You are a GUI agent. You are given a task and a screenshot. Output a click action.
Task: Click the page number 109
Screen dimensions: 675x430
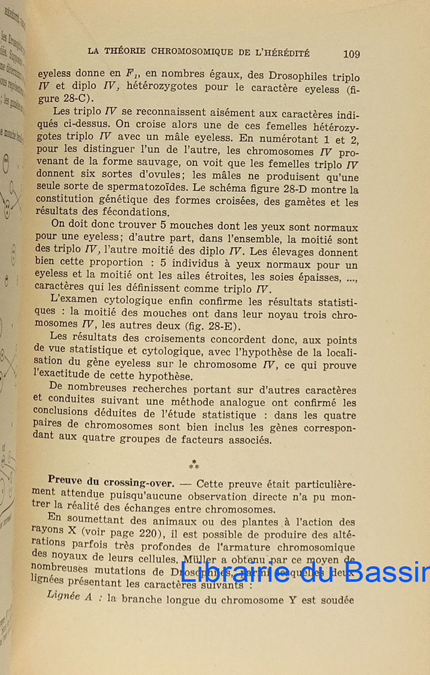pos(351,54)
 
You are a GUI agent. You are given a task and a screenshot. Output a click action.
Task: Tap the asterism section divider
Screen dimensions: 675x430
pos(194,464)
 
